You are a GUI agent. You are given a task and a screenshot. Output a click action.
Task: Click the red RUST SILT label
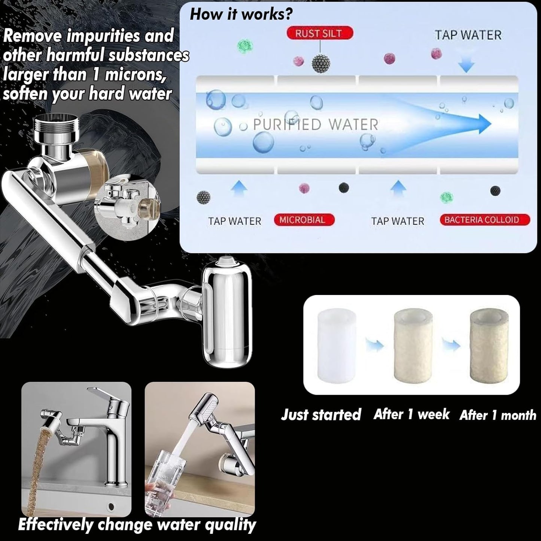point(319,33)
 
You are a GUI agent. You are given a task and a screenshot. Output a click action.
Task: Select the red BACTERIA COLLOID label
point(484,220)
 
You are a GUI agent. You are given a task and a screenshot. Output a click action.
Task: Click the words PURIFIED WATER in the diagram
point(316,125)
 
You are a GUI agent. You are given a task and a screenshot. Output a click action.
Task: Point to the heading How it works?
point(241,14)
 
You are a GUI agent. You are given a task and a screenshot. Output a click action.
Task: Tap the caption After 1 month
point(498,415)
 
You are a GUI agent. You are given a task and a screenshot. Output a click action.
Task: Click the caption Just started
point(321,414)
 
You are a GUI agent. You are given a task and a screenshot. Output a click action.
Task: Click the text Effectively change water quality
point(137,525)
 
